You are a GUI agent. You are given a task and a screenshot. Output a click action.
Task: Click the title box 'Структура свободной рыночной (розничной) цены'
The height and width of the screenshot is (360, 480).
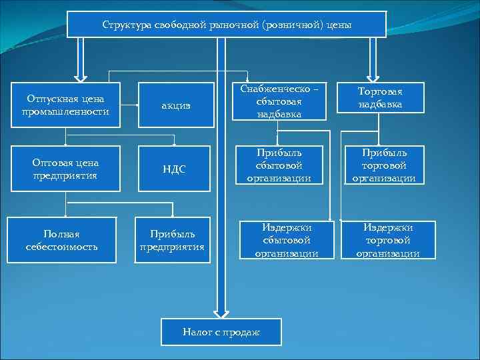click(x=227, y=24)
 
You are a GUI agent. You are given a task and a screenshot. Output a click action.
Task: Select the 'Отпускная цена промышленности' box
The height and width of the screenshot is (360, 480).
click(x=65, y=104)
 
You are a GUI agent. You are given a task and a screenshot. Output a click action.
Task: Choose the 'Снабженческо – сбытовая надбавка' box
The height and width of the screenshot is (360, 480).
click(x=279, y=101)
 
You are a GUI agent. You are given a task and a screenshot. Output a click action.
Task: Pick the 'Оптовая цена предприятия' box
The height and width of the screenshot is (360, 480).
click(x=65, y=169)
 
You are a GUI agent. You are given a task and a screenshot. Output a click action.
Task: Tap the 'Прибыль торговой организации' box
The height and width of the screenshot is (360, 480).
click(x=381, y=166)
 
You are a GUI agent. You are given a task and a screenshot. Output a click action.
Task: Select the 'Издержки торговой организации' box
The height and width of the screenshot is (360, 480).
click(x=387, y=240)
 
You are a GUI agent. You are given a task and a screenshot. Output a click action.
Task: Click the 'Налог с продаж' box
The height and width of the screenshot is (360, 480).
click(x=221, y=331)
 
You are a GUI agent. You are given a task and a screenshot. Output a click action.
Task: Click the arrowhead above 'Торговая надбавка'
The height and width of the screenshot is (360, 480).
click(x=371, y=75)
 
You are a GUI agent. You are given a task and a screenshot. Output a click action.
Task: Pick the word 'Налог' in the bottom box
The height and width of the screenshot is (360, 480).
click(x=197, y=331)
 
